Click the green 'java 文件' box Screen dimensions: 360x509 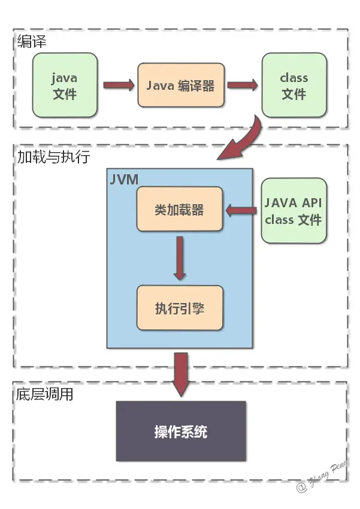[x=65, y=85]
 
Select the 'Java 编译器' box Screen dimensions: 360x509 [x=181, y=85]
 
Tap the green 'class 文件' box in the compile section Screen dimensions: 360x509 [x=294, y=85]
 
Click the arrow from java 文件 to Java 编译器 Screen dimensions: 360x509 [x=119, y=85]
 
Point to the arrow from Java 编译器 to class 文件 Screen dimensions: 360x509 [x=243, y=85]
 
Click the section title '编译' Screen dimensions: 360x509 [x=32, y=41]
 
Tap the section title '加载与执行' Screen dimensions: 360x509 [x=53, y=157]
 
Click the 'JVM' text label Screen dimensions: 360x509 [x=124, y=180]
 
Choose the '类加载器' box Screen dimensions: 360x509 [x=180, y=209]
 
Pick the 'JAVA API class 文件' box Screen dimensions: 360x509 [x=294, y=211]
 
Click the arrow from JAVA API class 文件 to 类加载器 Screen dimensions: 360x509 [x=241, y=210]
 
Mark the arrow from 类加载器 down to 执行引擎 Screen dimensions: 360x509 [x=180, y=258]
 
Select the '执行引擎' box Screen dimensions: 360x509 [x=180, y=308]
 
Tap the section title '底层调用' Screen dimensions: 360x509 [x=44, y=394]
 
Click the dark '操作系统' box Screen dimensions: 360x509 [x=181, y=431]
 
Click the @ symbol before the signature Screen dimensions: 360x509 [x=301, y=487]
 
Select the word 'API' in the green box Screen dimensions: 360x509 [x=311, y=203]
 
